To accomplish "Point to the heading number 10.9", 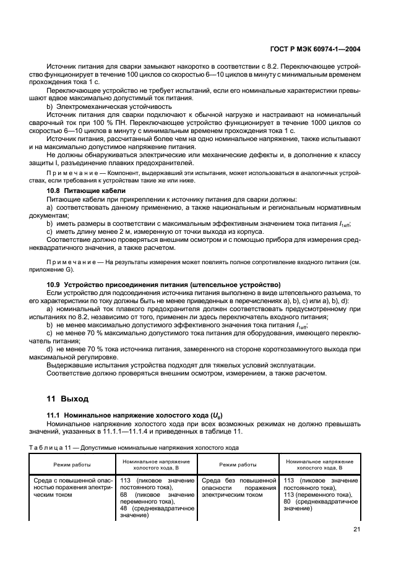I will (55, 283).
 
